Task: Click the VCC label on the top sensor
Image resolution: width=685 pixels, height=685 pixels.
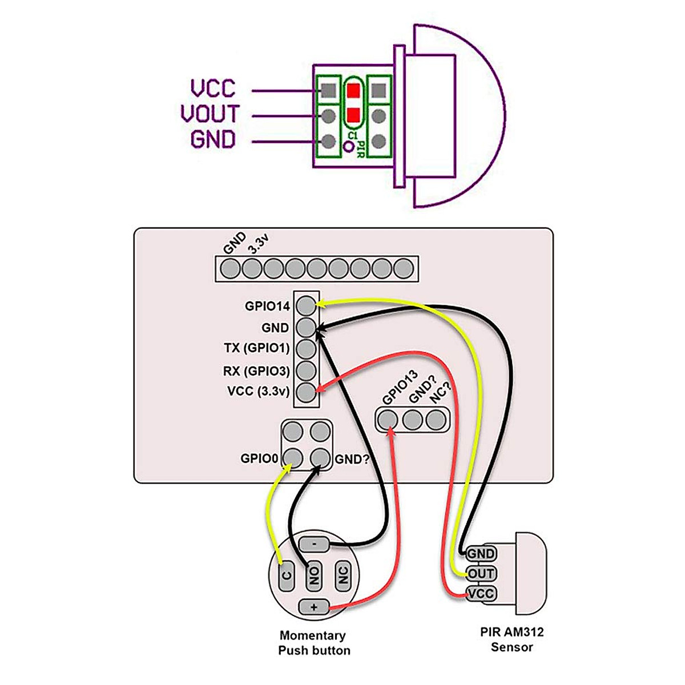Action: click(213, 88)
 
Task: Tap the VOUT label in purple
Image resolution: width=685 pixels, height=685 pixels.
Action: click(210, 114)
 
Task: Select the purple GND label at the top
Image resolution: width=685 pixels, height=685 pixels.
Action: click(213, 139)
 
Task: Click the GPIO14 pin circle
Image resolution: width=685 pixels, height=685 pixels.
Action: click(307, 305)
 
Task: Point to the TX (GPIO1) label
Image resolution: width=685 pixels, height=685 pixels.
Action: click(257, 348)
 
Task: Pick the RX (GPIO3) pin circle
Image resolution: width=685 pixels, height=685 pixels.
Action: click(307, 370)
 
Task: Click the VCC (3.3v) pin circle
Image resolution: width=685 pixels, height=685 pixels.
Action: click(307, 392)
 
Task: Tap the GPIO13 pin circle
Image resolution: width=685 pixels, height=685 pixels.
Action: click(388, 420)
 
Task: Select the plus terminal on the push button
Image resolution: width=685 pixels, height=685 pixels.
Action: click(314, 607)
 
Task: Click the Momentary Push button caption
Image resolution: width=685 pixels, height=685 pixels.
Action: click(313, 643)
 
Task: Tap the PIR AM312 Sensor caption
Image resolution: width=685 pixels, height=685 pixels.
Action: click(511, 639)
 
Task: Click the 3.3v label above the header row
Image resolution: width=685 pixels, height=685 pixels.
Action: click(257, 246)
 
